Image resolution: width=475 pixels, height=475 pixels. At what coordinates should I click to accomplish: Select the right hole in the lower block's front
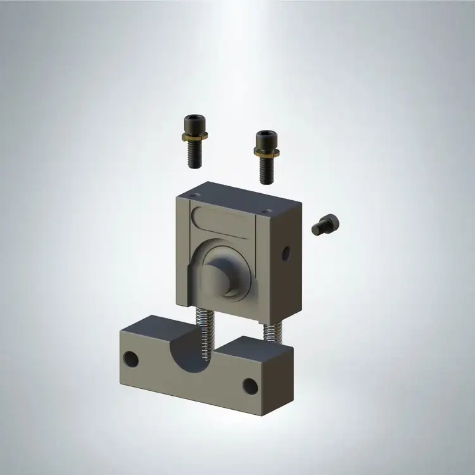(251, 386)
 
